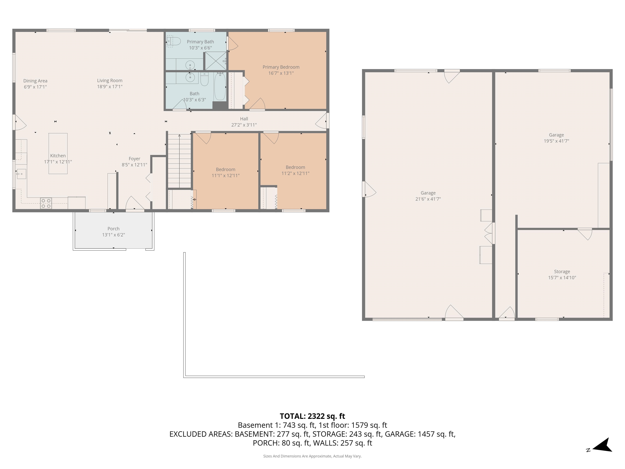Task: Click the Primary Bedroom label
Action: pyautogui.click(x=281, y=67)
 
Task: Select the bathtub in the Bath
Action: pyautogui.click(x=220, y=86)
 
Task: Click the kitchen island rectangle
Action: pyautogui.click(x=58, y=153)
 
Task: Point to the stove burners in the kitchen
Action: pyautogui.click(x=46, y=204)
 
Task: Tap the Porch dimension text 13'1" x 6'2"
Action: pyautogui.click(x=113, y=235)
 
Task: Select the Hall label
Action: pyautogui.click(x=244, y=119)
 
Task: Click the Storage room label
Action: pyautogui.click(x=562, y=271)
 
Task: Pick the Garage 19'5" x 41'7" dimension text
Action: pyautogui.click(x=556, y=141)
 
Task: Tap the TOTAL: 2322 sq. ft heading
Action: pyautogui.click(x=312, y=416)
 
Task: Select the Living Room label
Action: pyautogui.click(x=110, y=81)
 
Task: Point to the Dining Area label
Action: pyautogui.click(x=35, y=81)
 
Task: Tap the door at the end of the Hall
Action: pyautogui.click(x=322, y=121)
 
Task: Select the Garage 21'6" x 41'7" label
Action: pyautogui.click(x=428, y=193)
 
